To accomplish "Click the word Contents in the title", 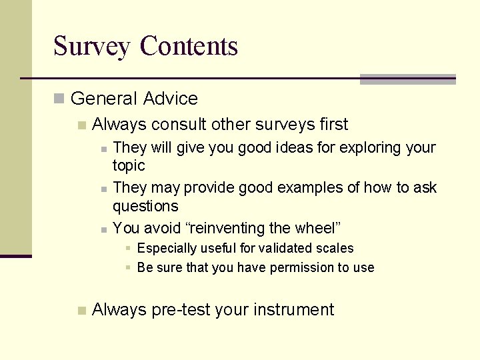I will (x=189, y=46).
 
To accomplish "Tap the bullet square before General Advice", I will (x=59, y=99).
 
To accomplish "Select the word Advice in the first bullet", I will (x=171, y=99).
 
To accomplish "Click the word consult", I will (x=179, y=125).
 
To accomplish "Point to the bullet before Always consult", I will (x=81, y=125).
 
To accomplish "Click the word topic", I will (x=129, y=165).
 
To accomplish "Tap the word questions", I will (x=145, y=206).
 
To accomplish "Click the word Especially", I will (x=167, y=248).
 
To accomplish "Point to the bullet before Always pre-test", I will (x=81, y=310).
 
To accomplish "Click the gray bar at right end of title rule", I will (x=407, y=79).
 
